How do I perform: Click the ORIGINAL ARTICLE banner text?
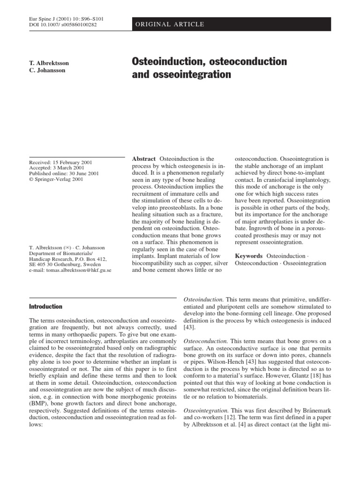click(169, 24)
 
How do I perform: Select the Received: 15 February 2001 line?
click(60, 163)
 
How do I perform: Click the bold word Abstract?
click(144, 159)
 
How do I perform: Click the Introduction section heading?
click(45, 307)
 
